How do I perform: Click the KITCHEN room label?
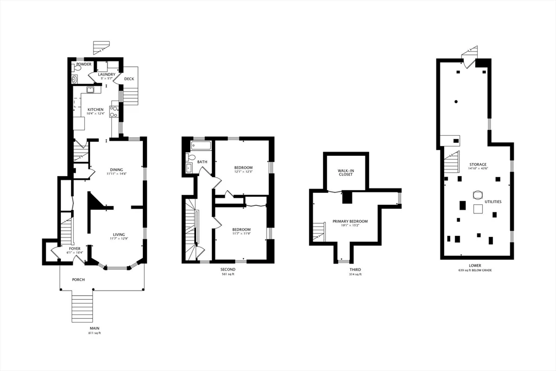[x=96, y=109]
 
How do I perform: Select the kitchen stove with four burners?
[x=114, y=112]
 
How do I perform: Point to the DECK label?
[x=129, y=79]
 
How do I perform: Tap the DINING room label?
[x=116, y=169]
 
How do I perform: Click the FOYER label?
[x=74, y=248]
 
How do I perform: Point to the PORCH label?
[x=78, y=280]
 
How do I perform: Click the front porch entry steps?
[x=83, y=308]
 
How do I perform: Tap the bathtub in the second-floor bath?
[x=201, y=146]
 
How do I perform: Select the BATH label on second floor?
[x=202, y=162]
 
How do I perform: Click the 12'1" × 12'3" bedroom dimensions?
[x=243, y=172]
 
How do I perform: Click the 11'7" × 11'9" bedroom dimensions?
[x=241, y=234]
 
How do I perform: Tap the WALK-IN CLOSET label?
[x=346, y=172]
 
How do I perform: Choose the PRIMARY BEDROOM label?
[x=350, y=221]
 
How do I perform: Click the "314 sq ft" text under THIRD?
[x=355, y=274]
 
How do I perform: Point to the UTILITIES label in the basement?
[x=493, y=202]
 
